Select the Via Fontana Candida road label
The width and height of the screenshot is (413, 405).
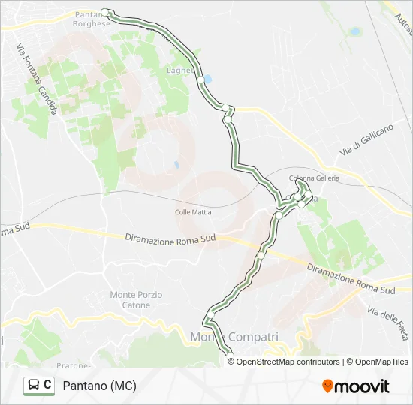click(36, 78)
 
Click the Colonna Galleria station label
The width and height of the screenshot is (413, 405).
click(314, 178)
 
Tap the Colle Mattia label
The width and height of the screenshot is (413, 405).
click(193, 212)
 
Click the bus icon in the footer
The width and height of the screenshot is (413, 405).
click(35, 385)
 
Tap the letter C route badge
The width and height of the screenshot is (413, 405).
click(48, 385)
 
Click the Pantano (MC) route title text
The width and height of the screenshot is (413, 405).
click(100, 385)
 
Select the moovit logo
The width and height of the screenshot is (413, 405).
click(356, 386)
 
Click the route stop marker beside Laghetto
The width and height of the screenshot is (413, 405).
click(200, 79)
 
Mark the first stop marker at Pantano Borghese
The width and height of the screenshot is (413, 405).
click(105, 11)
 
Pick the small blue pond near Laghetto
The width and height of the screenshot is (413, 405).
click(208, 78)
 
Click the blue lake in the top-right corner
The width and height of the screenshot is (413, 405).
click(354, 32)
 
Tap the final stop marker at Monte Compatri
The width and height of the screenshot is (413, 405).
click(229, 353)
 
